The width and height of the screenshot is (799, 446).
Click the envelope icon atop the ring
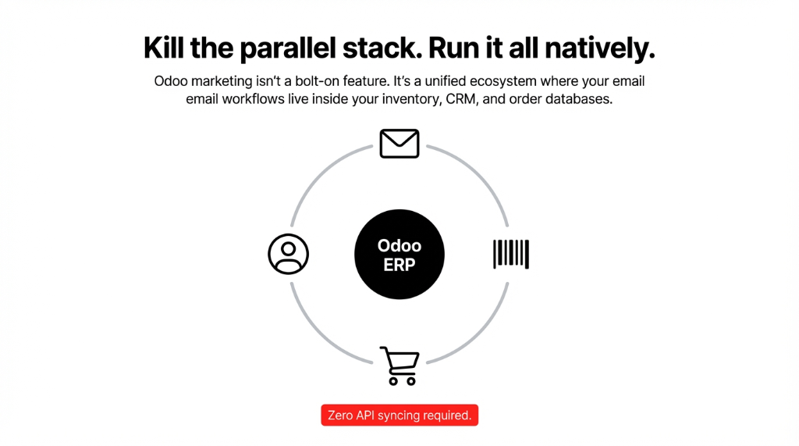[399, 144]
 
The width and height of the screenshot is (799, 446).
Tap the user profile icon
[289, 254]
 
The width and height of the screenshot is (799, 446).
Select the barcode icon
[511, 254]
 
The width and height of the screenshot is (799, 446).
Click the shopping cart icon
[399, 366]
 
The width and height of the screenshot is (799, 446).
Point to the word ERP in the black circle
[399, 264]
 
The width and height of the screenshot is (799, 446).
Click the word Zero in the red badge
[340, 416]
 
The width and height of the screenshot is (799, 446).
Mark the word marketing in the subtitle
[220, 81]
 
